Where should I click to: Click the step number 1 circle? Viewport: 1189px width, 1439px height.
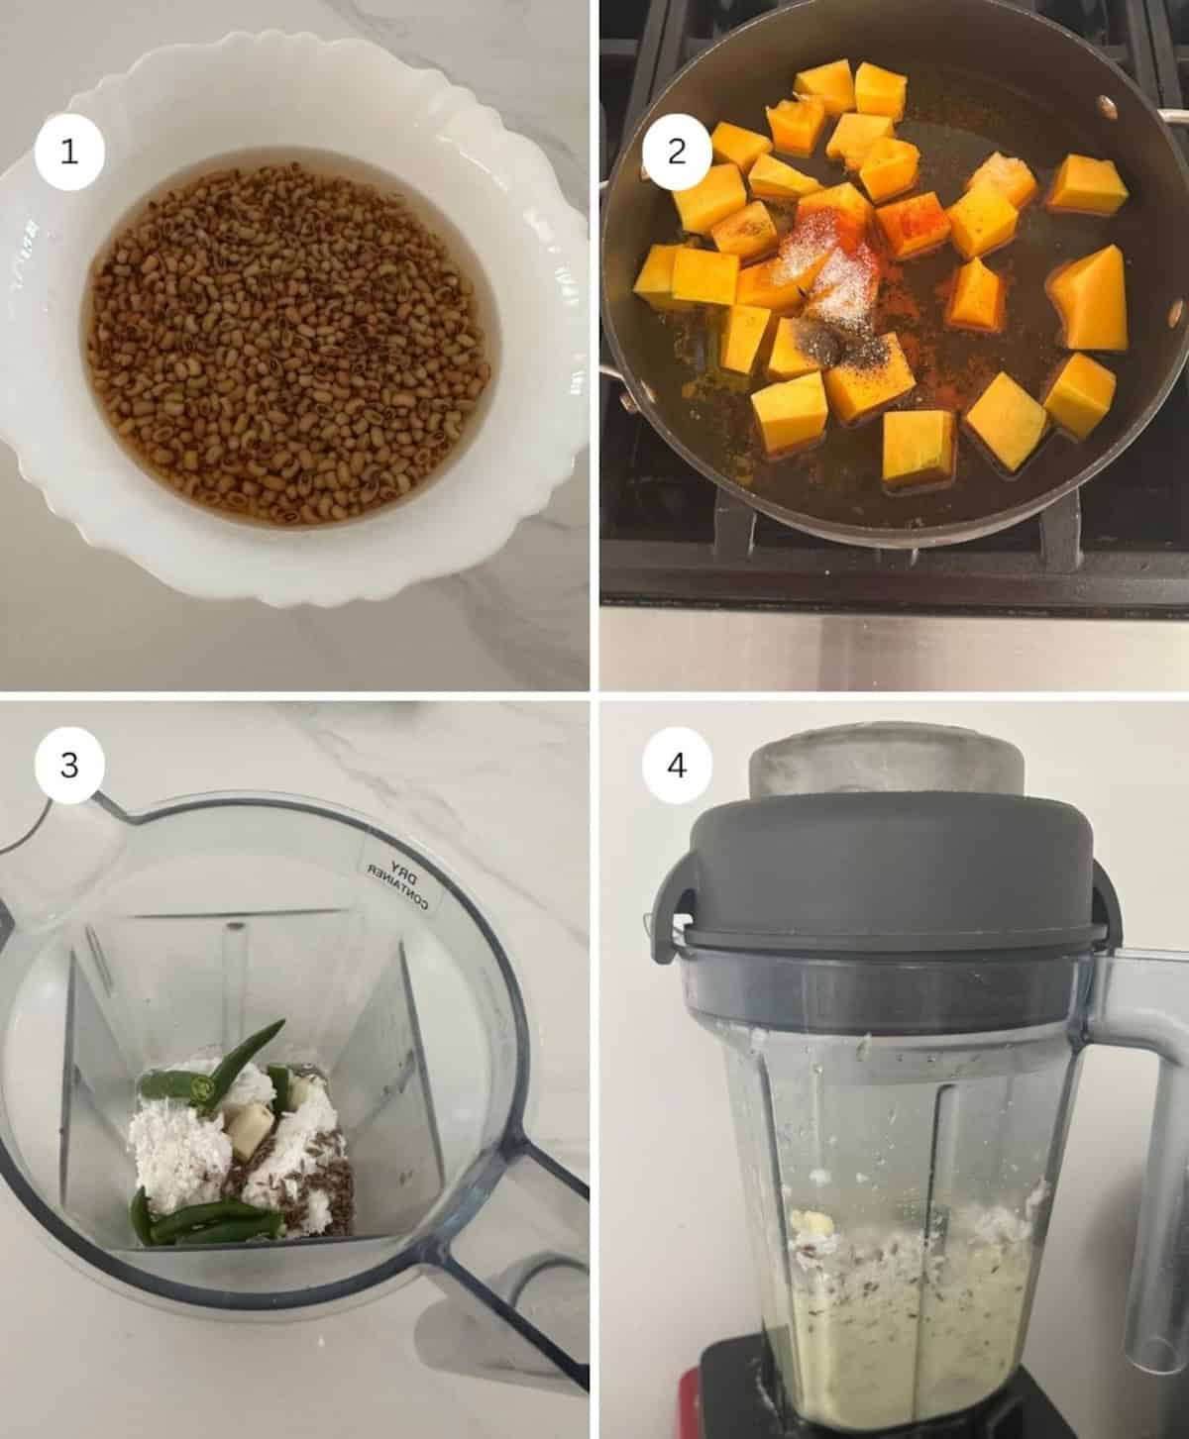(x=69, y=153)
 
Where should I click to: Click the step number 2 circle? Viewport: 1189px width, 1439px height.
(x=677, y=153)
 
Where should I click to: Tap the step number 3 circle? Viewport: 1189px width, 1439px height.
(x=69, y=765)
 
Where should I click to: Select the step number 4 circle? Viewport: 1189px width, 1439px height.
(x=677, y=765)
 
